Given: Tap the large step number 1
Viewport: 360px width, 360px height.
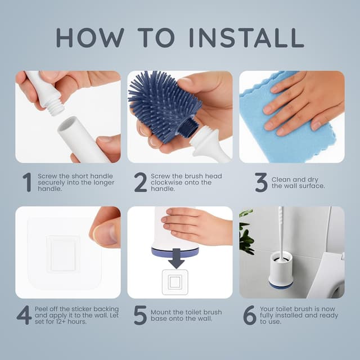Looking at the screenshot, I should tap(26, 182).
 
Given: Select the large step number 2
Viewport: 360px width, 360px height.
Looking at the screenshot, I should tap(140, 182).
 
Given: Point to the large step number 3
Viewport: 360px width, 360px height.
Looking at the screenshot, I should tap(260, 182).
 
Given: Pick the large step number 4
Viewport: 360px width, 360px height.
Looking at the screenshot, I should tap(24, 315).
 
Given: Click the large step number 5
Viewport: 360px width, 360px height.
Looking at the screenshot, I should tap(140, 315).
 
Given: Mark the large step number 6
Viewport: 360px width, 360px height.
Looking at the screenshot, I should tap(249, 315).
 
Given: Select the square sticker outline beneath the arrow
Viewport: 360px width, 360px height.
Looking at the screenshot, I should tap(175, 282).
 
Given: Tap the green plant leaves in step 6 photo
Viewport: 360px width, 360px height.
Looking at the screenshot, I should tap(246, 233).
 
